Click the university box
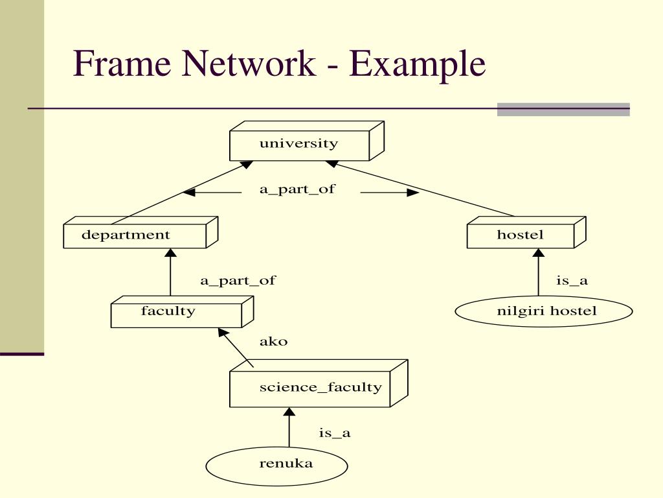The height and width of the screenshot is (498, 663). coord(299,145)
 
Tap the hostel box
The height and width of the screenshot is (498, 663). coord(521,235)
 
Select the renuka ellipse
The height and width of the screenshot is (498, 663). coord(276,465)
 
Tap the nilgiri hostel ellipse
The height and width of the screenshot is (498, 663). coord(544,312)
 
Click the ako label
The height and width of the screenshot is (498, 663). coord(273,342)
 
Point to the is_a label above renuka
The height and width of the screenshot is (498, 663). coord(334,433)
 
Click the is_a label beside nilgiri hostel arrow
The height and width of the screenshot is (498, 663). coord(572,281)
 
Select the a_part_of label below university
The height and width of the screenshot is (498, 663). coord(297,190)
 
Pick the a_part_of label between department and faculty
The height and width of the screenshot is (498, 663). coord(237,281)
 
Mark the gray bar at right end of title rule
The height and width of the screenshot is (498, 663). coord(563,110)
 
